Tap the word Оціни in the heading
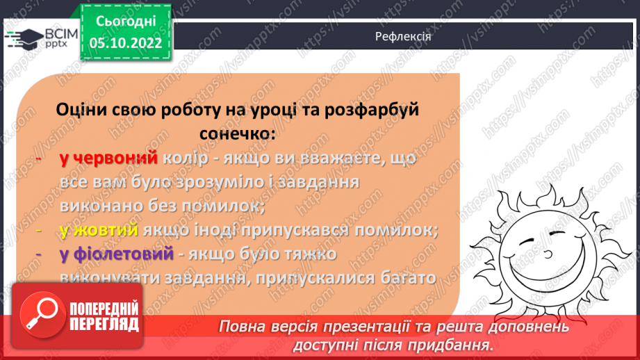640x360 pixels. (x=83, y=110)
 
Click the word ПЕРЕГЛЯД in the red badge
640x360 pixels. (x=104, y=323)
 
